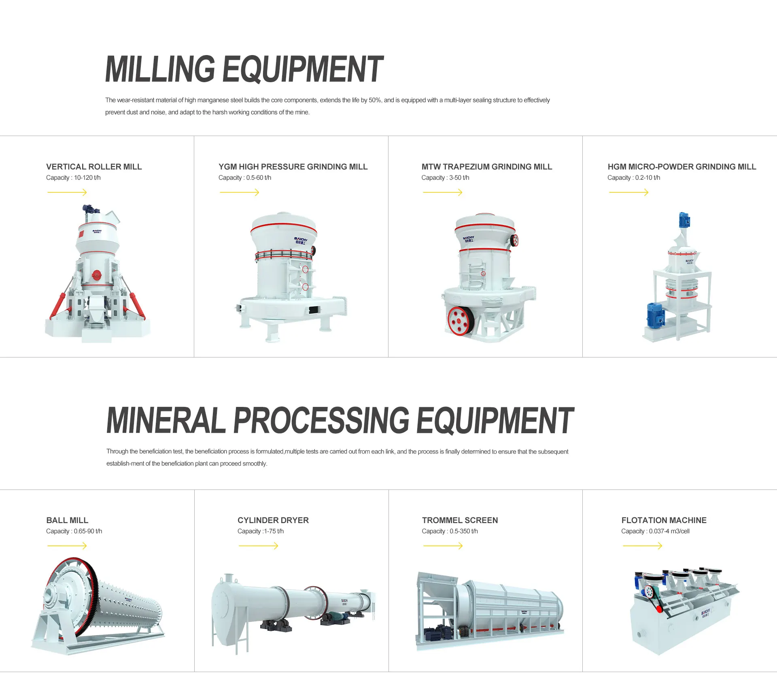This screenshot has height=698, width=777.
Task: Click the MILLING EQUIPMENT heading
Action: point(244,69)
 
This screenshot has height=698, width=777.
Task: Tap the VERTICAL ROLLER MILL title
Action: point(94,167)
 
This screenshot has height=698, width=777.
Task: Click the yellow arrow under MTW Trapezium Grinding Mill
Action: point(442,192)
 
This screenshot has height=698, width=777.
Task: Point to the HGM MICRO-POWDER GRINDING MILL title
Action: point(681,167)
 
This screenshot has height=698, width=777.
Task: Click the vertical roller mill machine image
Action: point(97,275)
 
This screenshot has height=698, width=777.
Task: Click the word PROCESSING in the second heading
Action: point(321,421)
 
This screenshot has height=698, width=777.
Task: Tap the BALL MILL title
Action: point(67,520)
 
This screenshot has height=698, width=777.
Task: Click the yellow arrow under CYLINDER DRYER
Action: point(258,546)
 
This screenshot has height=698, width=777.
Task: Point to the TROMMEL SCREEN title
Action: point(460,520)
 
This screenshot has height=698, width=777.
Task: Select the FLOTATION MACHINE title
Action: point(664,520)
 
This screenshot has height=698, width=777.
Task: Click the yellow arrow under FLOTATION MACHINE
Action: point(642,546)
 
